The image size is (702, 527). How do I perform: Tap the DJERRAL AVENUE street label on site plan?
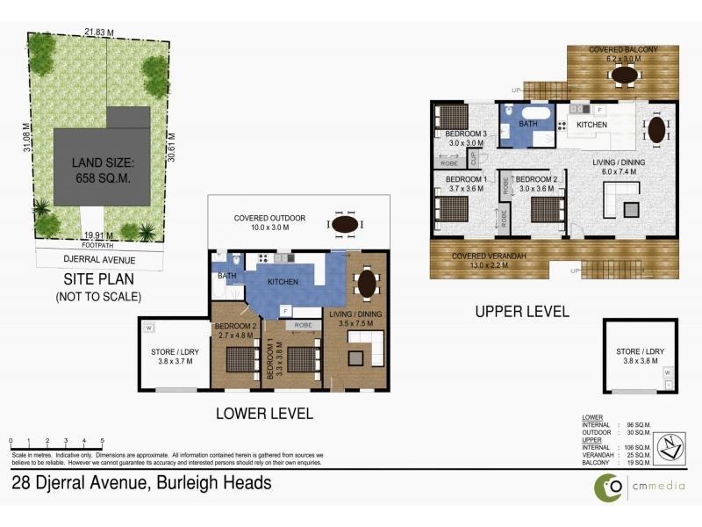tap(87, 259)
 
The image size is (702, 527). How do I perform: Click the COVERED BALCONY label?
tap(623, 50)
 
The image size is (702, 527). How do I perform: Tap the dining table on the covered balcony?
tap(624, 76)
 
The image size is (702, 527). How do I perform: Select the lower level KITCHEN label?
tap(283, 282)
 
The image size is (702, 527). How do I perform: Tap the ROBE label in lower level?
tap(304, 325)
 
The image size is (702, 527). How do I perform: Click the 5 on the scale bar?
tap(103, 440)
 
